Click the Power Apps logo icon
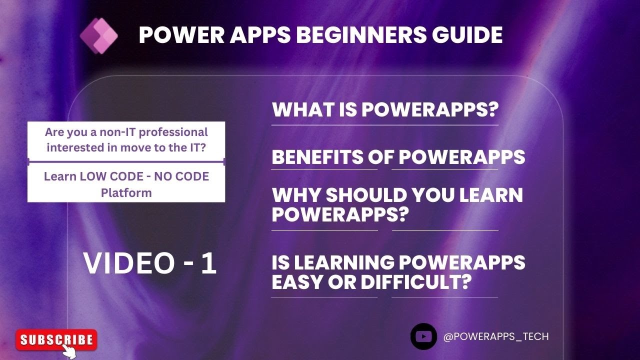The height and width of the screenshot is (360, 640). tap(98, 36)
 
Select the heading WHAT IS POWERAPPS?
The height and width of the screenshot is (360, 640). tap(386, 110)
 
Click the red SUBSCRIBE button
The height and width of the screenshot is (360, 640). tap(56, 340)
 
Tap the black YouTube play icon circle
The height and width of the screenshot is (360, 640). tap(423, 336)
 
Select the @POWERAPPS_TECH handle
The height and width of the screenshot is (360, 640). tap(496, 336)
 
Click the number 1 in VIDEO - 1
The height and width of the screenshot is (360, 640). tap(208, 263)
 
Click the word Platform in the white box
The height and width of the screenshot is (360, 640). tap(126, 192)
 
